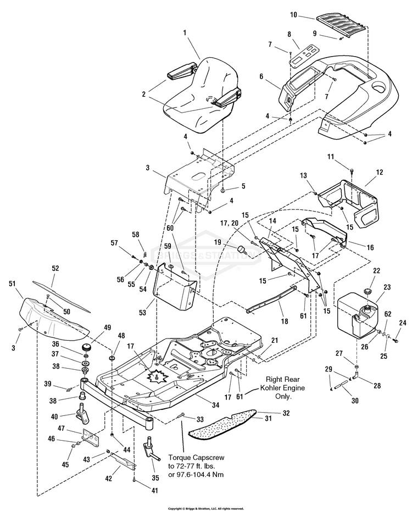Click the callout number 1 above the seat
coord(185,33)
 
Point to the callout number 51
coord(12,284)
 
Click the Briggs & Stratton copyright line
coord(205,508)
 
